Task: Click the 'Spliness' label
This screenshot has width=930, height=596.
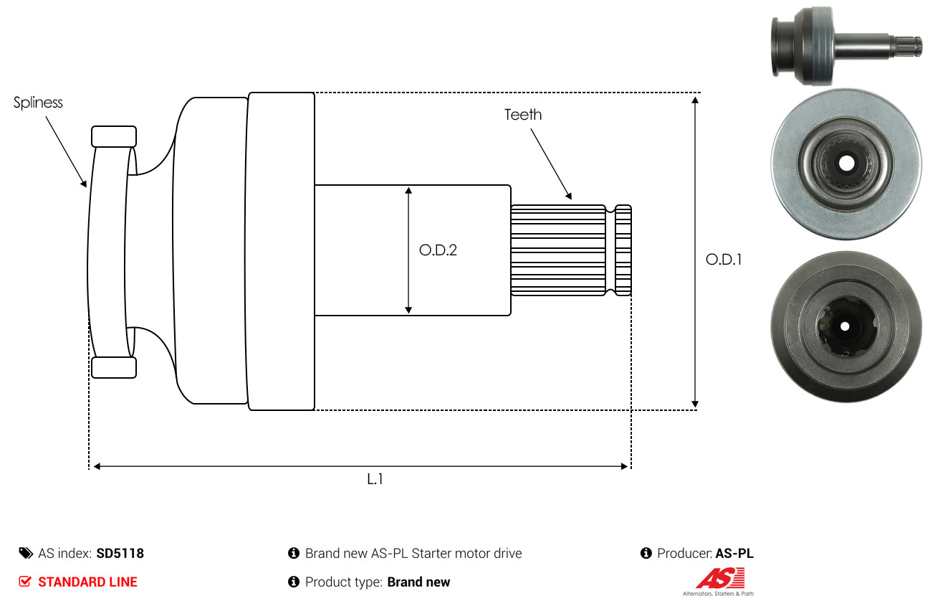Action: pos(38,103)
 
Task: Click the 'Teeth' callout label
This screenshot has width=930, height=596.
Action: pos(523,115)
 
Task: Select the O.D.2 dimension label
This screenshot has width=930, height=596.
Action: pos(438,250)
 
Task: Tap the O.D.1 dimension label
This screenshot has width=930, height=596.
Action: pos(724,260)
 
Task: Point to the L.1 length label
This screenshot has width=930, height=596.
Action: pos(375,479)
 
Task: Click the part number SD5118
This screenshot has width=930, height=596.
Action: pos(120,554)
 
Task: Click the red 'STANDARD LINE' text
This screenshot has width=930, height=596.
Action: pos(87,582)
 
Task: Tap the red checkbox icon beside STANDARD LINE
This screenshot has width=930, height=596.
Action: pos(25,582)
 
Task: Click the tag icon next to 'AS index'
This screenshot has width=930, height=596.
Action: pos(26,553)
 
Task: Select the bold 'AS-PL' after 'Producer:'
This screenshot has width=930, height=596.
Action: pos(734,554)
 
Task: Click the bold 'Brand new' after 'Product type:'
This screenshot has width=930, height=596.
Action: pos(418,582)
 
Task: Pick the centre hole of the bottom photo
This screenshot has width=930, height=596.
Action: pos(845,326)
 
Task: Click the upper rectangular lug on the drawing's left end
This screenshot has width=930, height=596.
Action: pos(114,136)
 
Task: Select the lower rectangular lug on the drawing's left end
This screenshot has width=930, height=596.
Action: pos(114,366)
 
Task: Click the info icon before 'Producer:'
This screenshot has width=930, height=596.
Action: pos(646,553)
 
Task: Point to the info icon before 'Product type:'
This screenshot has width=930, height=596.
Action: pos(293,582)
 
